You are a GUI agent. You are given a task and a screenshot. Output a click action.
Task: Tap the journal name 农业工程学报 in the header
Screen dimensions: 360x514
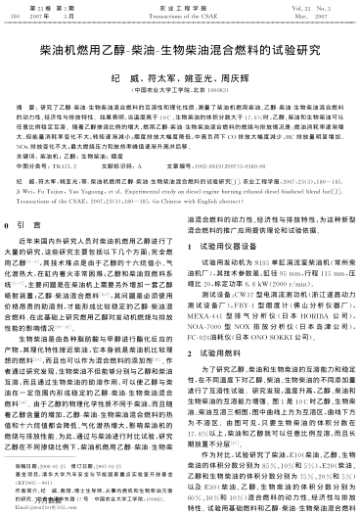click(179, 8)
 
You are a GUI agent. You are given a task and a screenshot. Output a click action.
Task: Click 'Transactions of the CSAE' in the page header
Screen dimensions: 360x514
click(179, 16)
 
